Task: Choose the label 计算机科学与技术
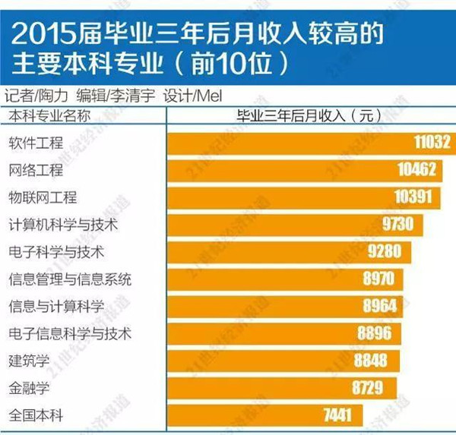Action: coord(63,225)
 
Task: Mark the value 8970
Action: coord(378,279)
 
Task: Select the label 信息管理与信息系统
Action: coord(70,279)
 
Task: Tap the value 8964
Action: coord(378,306)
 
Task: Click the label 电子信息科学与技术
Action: coord(70,333)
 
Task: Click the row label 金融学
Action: coord(29,388)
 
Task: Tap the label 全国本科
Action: coord(36,415)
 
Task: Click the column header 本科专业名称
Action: coord(49,115)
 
